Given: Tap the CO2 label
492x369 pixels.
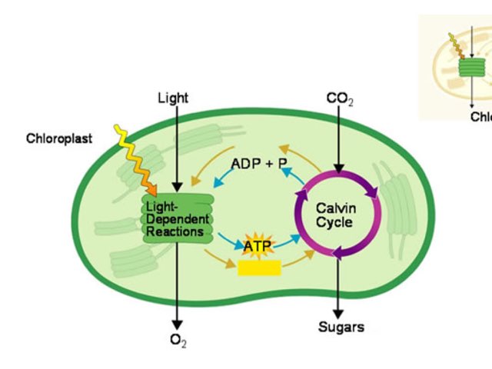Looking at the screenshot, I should (x=339, y=99).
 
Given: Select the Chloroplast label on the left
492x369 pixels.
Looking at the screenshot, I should (x=59, y=139).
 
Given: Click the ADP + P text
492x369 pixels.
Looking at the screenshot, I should (x=258, y=164).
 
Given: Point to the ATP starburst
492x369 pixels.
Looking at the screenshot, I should (x=258, y=246).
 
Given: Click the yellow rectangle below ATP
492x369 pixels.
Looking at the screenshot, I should (x=258, y=268).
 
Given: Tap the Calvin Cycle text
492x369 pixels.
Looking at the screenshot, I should (x=335, y=215).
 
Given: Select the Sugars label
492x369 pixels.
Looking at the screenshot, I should (x=341, y=327).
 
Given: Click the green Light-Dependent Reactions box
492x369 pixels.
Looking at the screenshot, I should (x=177, y=219).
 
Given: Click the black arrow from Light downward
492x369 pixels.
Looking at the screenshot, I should (x=178, y=146).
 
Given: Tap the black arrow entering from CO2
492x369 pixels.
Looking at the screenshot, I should (x=338, y=138).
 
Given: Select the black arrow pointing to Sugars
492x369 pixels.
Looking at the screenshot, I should (x=338, y=284).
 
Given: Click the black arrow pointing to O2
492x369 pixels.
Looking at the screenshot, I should (x=178, y=284).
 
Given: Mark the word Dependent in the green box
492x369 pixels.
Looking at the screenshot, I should (x=178, y=220).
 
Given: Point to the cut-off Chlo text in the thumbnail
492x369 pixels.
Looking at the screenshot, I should (x=480, y=117).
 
